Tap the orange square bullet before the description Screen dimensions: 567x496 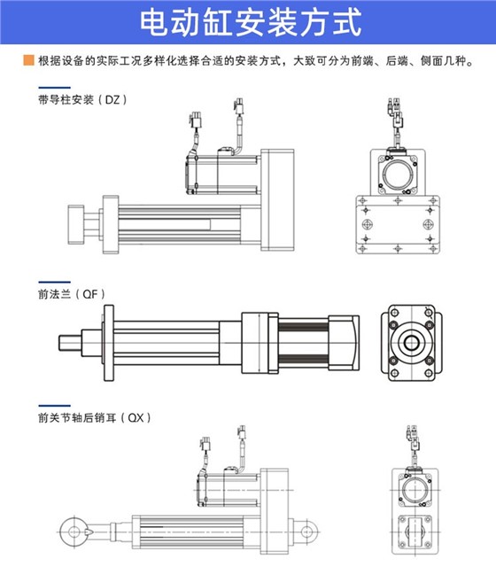29,63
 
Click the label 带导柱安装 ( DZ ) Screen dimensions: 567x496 77,100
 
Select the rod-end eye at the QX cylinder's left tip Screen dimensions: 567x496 68,530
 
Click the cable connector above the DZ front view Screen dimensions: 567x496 395,108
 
